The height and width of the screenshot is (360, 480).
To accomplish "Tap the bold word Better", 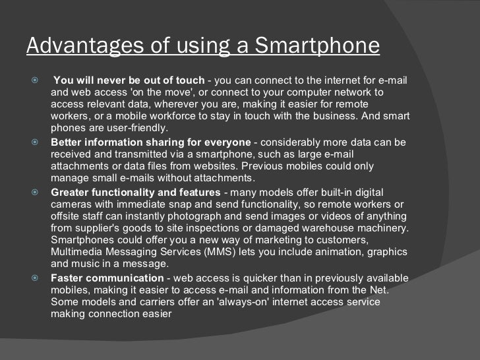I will point(67,142).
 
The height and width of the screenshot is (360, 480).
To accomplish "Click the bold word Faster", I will point(67,278).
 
